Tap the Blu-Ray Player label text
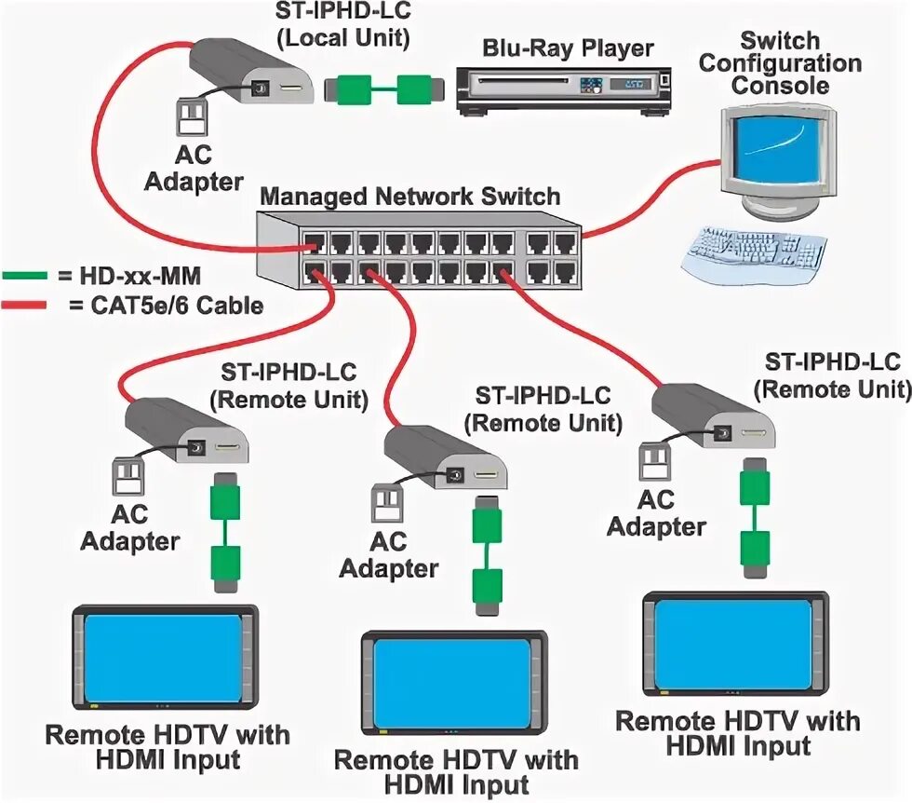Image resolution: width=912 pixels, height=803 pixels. click(x=568, y=48)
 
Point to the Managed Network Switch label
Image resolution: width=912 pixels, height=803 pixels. click(x=409, y=197)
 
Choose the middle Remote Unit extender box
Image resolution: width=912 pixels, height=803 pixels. click(x=442, y=458)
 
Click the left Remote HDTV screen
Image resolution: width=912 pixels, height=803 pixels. click(x=164, y=657)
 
